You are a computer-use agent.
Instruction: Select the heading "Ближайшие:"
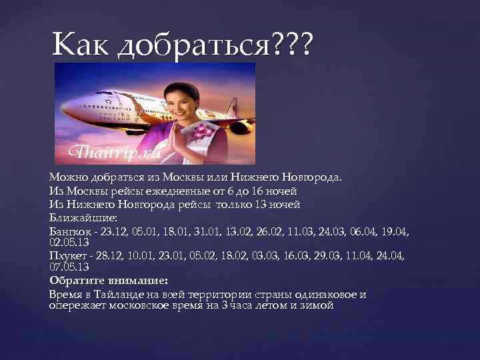tap(76, 217)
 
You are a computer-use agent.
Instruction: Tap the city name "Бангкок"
tap(68, 230)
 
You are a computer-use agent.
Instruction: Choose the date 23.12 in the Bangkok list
tap(111, 230)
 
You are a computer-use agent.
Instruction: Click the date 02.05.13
tap(69, 241)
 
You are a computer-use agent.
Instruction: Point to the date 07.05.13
tap(69, 267)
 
